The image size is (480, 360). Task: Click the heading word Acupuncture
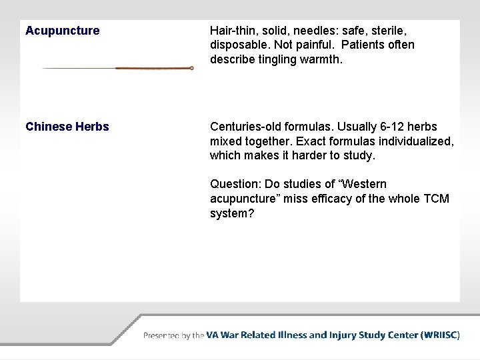click(63, 31)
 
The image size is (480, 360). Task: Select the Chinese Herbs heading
click(67, 127)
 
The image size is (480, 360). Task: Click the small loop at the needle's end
click(191, 68)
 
